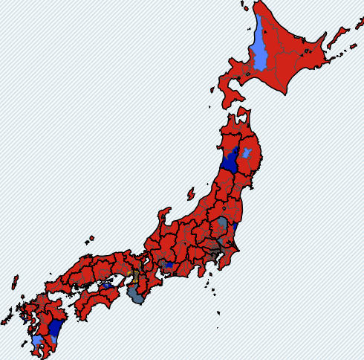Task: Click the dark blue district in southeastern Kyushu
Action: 54,328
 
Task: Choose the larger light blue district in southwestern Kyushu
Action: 37,341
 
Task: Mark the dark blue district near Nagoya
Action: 169,265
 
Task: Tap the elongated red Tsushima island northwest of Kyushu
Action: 14,282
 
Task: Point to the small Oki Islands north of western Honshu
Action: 91,239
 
